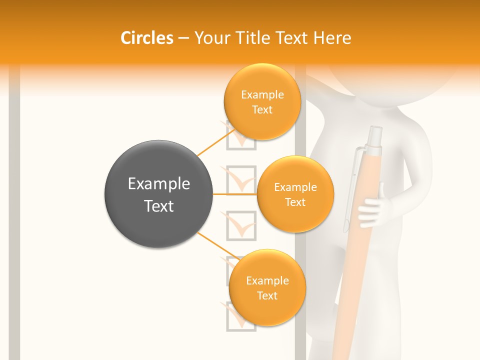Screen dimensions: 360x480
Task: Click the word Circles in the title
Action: pyautogui.click(x=147, y=38)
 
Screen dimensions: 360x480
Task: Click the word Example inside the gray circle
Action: pyautogui.click(x=159, y=184)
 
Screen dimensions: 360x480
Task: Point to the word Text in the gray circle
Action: pyautogui.click(x=159, y=206)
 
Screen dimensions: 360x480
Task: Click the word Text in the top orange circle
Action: pyautogui.click(x=262, y=110)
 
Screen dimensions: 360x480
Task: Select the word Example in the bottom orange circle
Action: pyautogui.click(x=267, y=281)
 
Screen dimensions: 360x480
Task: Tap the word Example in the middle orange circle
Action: pyautogui.click(x=295, y=187)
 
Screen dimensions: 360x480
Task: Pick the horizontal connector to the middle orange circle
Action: pyautogui.click(x=235, y=193)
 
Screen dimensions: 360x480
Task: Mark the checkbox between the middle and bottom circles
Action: pyautogui.click(x=241, y=226)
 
